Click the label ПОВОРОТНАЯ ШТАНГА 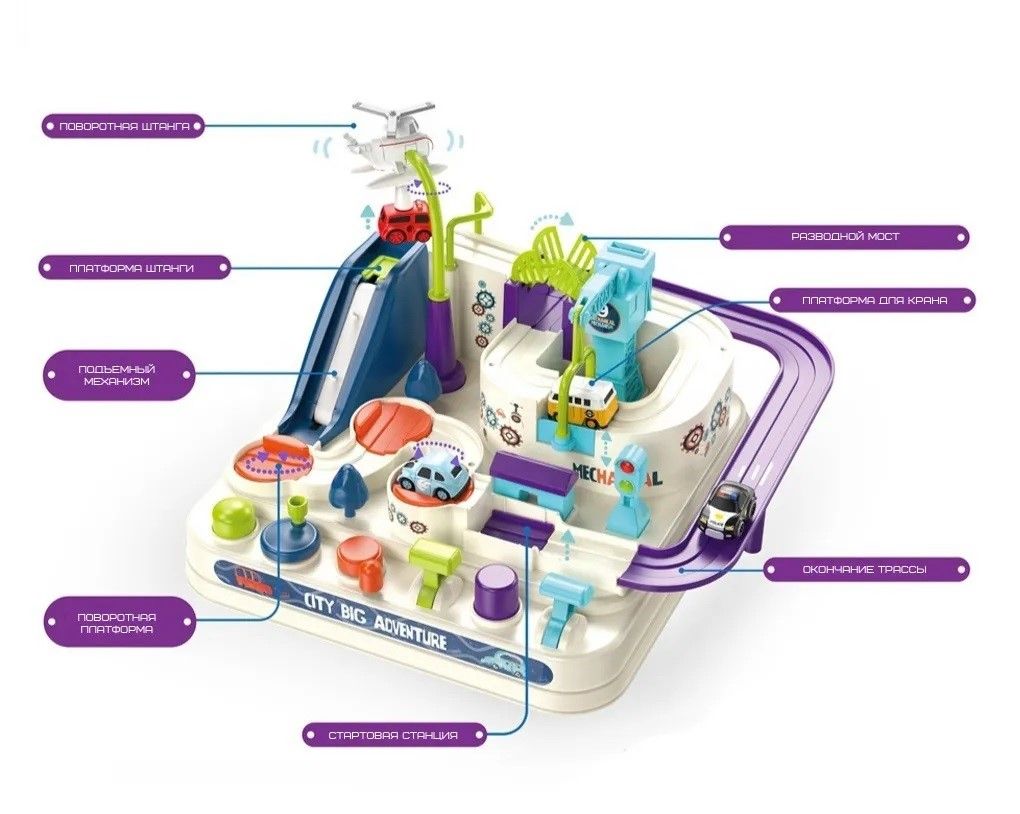(124, 127)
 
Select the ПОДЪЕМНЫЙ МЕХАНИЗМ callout (118, 375)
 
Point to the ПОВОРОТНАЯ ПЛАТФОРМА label (116, 623)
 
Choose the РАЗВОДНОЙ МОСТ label (845, 237)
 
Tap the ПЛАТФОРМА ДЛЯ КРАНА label (873, 299)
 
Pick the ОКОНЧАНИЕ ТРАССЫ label (866, 570)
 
